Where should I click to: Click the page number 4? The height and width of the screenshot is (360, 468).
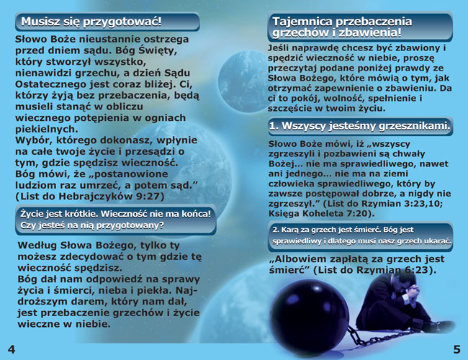[12, 349]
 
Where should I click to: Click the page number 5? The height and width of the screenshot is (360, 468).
[457, 349]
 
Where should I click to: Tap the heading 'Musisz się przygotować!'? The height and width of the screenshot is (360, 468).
[91, 22]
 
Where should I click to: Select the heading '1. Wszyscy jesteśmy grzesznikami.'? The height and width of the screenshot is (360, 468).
[360, 126]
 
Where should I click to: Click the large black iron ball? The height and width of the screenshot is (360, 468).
[309, 317]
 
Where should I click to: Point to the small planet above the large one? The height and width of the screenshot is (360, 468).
[242, 81]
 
